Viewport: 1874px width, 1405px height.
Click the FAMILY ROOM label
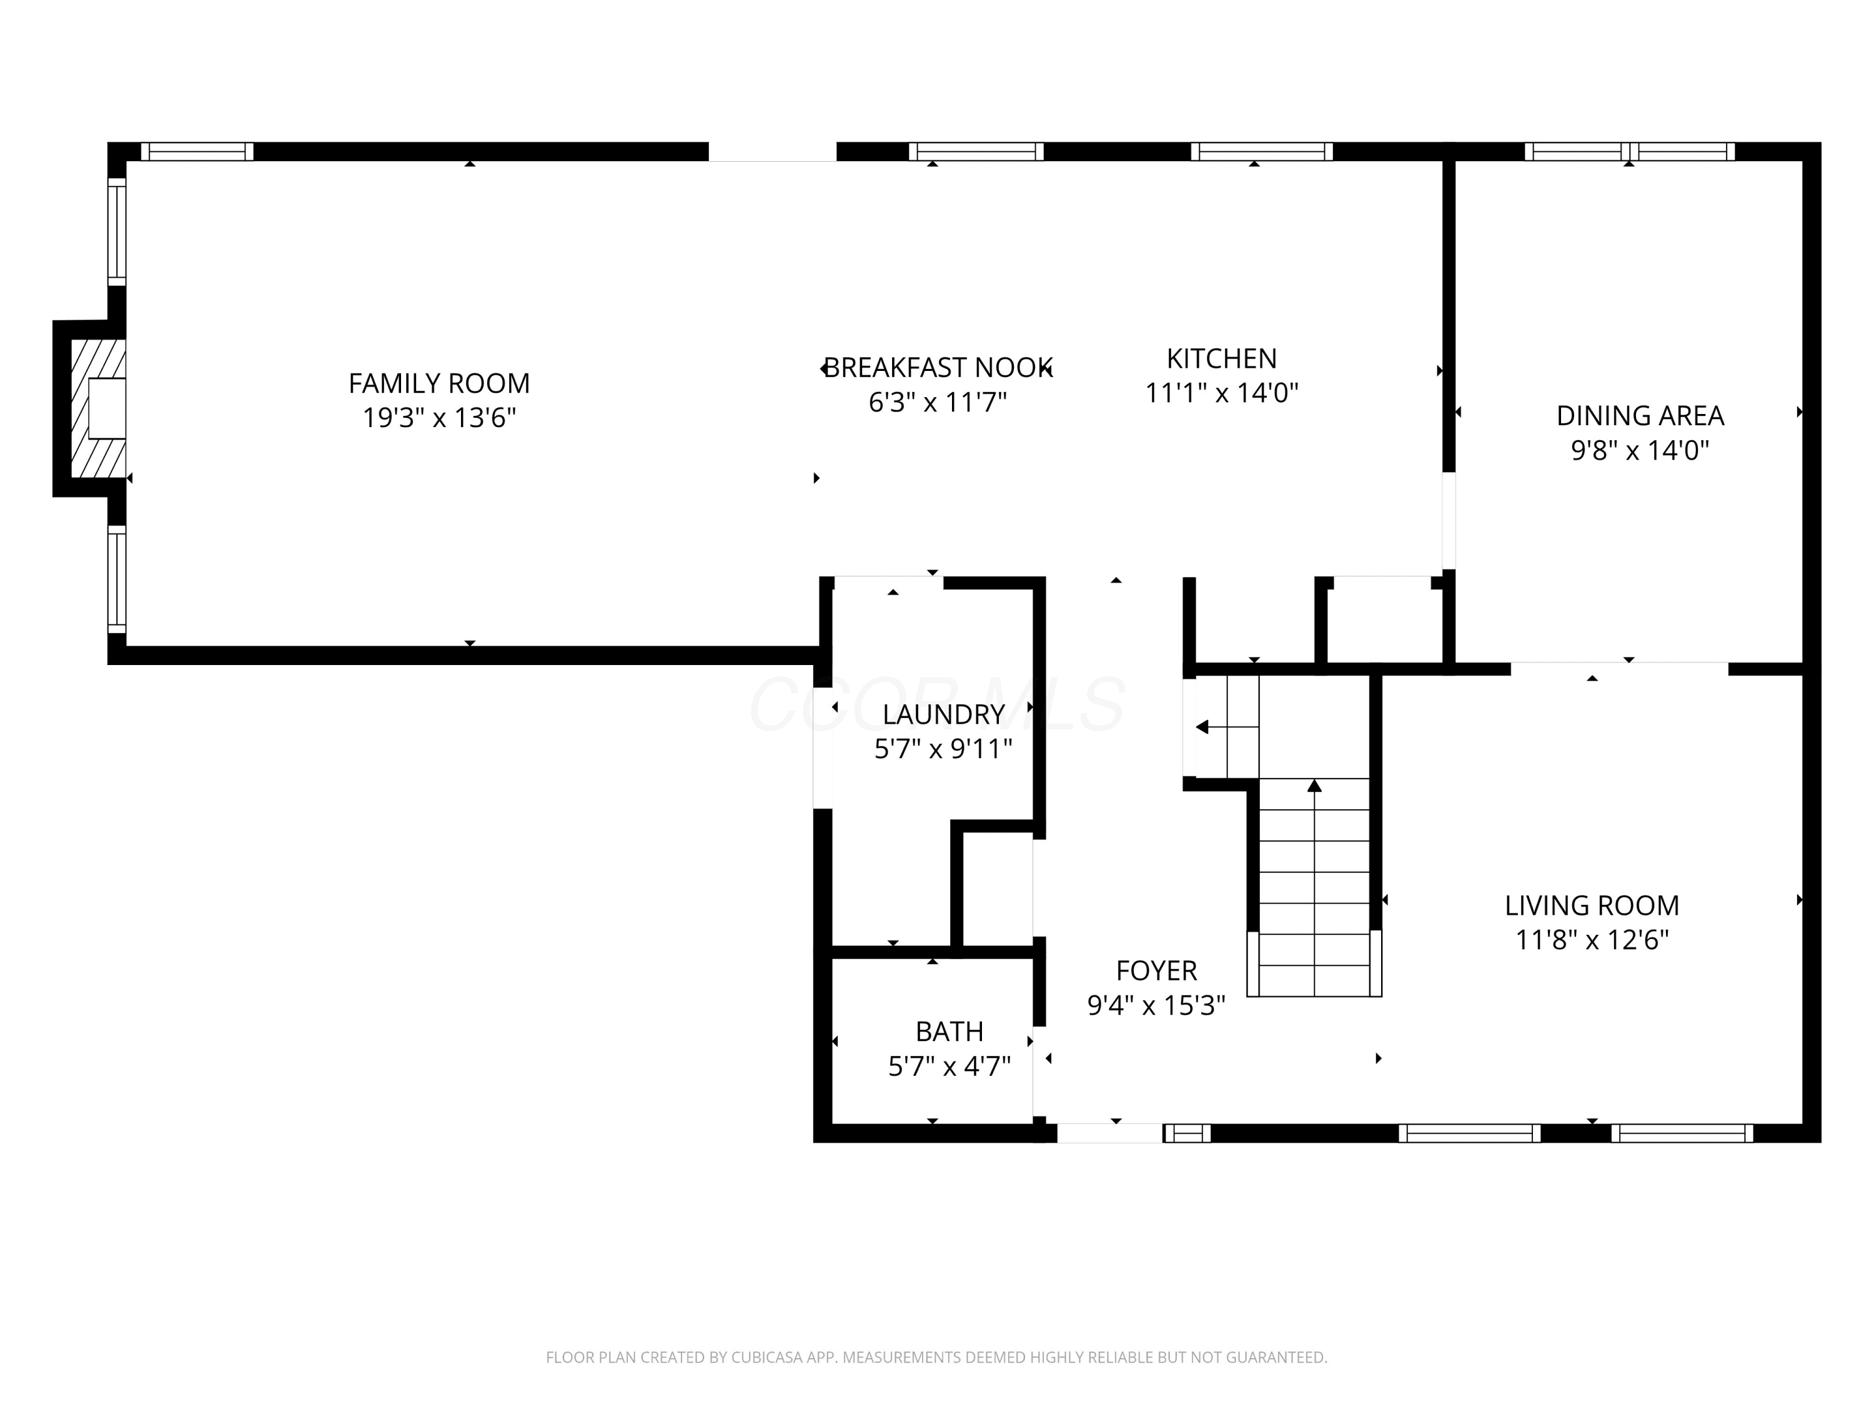click(439, 383)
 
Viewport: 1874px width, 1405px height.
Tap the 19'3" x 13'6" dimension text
click(439, 418)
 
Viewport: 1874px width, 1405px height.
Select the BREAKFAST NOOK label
click(938, 368)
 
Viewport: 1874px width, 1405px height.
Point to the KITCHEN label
click(1222, 359)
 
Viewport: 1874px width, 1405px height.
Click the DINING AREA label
click(1640, 416)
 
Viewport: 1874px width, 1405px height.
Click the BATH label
click(949, 1032)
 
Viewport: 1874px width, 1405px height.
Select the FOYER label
click(1156, 970)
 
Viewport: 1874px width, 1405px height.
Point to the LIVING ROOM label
click(1592, 906)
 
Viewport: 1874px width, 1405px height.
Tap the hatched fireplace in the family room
click(98, 408)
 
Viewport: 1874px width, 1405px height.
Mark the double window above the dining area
click(1630, 152)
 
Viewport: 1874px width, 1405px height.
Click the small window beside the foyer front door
click(1187, 1133)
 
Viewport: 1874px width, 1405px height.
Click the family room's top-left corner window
click(197, 152)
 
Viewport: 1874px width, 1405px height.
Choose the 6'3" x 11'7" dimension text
click(938, 402)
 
